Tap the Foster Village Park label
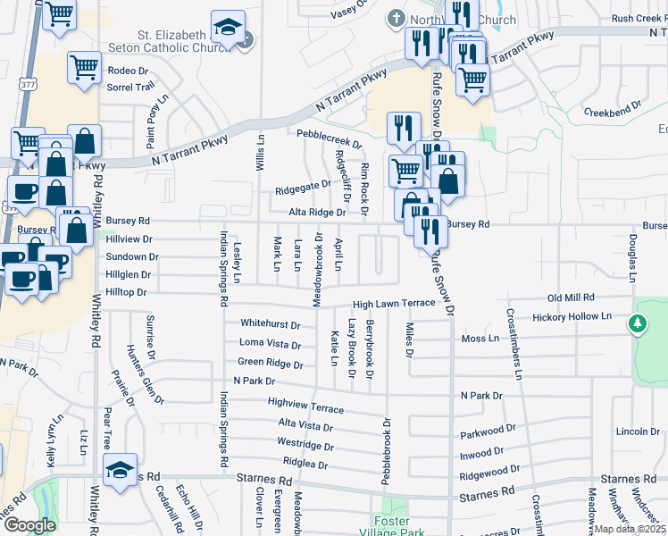point(389,526)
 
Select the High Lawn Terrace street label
point(393,304)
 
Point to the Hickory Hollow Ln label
point(572,317)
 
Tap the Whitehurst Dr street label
point(270,323)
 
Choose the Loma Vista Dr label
point(270,344)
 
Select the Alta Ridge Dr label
point(316,213)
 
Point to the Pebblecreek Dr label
point(330,142)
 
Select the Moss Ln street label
point(480,339)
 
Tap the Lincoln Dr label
point(638,431)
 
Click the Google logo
point(29,524)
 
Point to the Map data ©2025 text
point(630,529)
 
